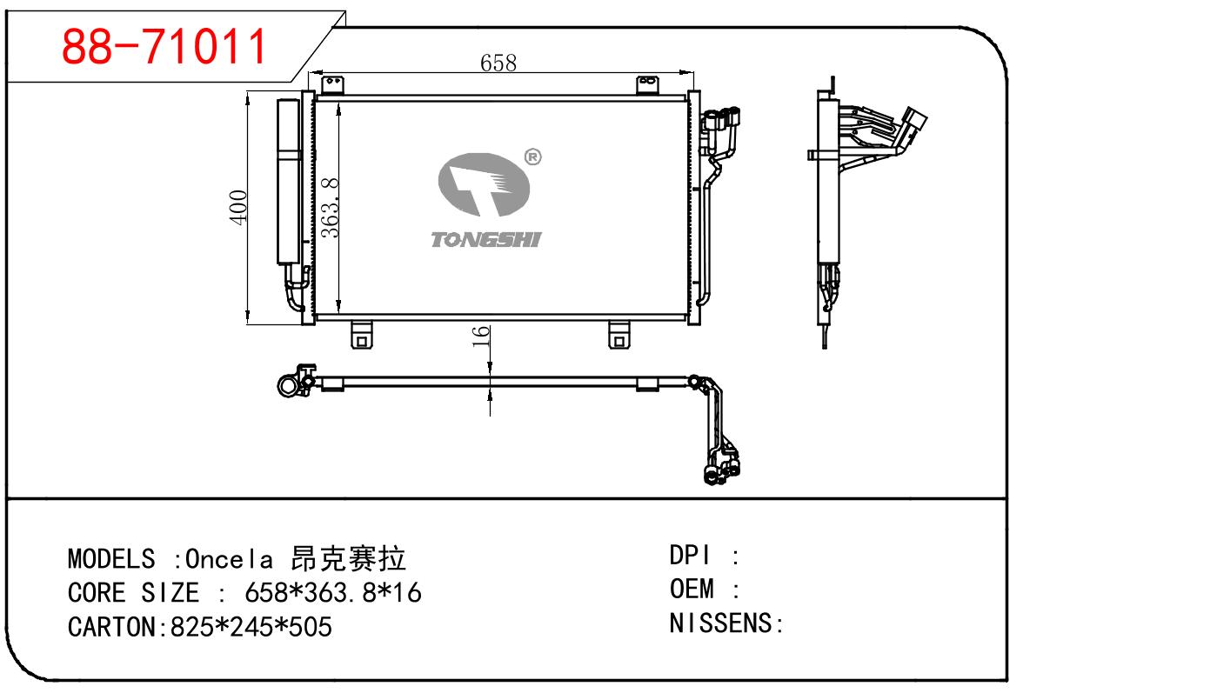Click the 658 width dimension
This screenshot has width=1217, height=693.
coord(498,63)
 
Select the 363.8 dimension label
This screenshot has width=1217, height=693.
coord(330,207)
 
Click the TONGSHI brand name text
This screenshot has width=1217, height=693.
coord(485,239)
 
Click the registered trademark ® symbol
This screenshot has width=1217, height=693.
coord(533,157)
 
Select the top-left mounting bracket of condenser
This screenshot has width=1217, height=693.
coord(331,85)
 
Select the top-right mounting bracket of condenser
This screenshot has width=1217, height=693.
coord(648,85)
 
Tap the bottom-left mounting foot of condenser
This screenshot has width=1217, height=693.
coord(362,335)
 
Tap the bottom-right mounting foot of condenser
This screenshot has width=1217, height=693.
coord(619,335)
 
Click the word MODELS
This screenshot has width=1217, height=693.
coord(111,558)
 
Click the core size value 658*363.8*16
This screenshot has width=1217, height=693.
coord(333,593)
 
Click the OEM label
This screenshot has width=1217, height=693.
coord(692,590)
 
